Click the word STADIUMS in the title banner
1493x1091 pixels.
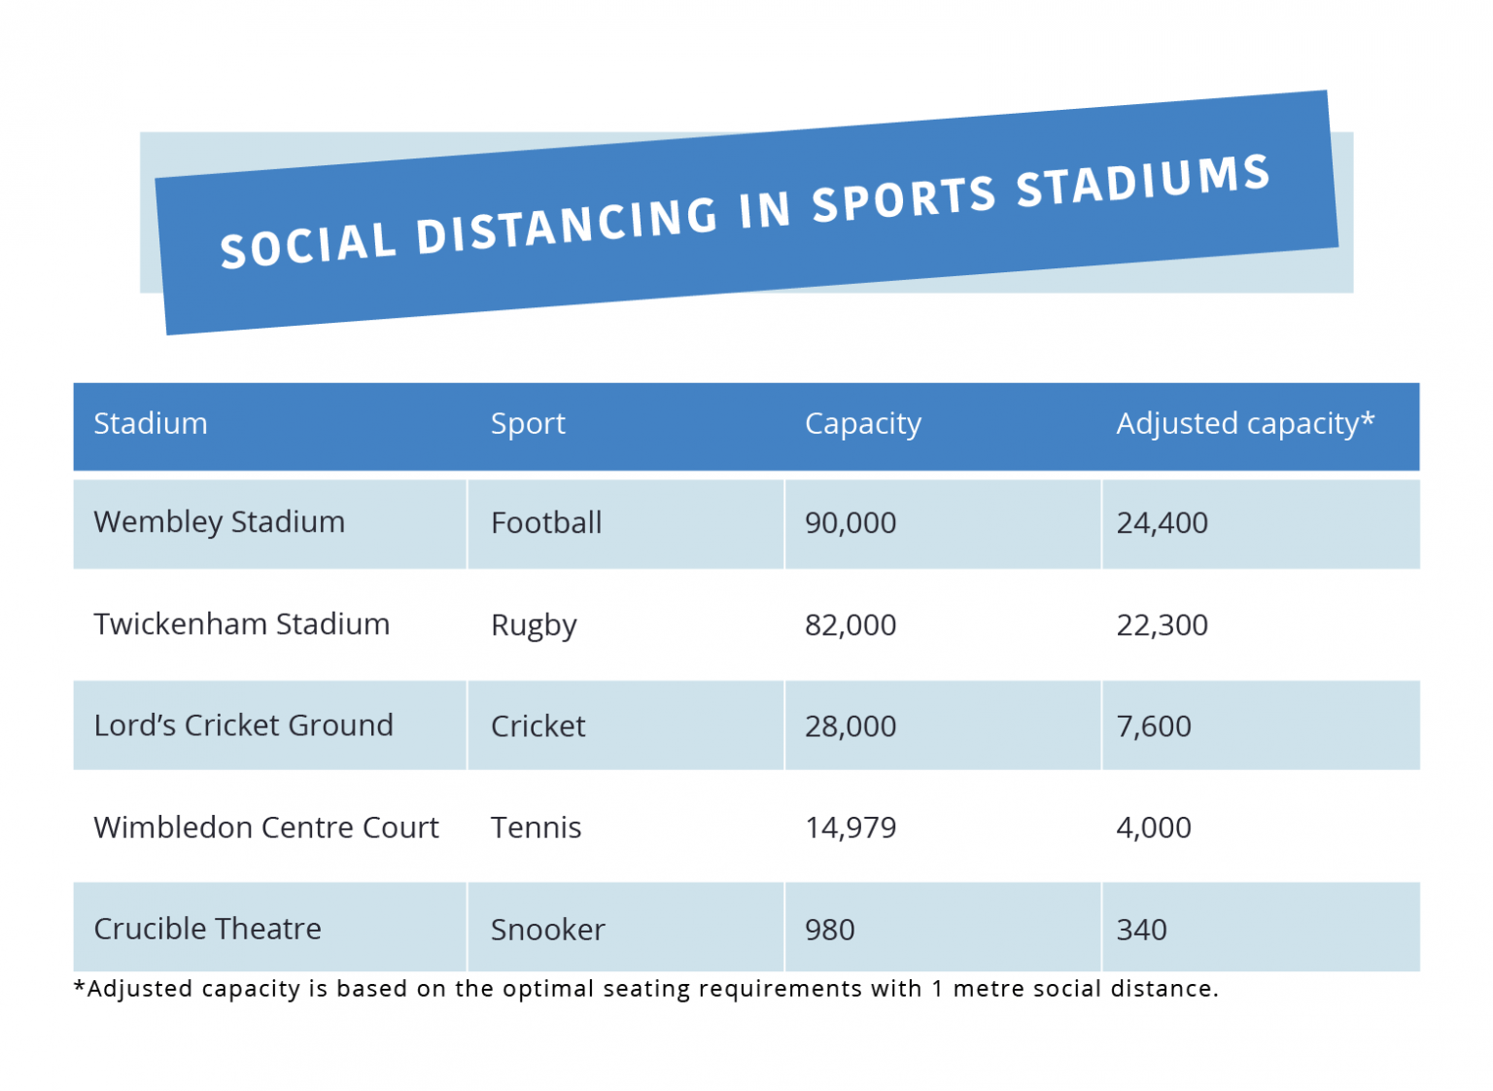1143,182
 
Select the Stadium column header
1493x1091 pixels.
151,424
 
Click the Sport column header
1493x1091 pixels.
528,424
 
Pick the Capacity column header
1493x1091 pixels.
862,424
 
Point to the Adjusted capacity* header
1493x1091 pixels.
1245,424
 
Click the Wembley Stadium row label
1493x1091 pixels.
219,522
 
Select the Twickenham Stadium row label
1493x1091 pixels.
241,624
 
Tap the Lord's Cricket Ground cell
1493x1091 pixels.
243,725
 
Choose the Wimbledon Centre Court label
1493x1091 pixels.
265,827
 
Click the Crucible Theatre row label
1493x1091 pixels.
207,929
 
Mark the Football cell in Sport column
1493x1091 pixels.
546,523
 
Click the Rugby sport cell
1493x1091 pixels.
534,625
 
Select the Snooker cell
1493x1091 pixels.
547,930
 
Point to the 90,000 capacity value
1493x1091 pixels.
851,523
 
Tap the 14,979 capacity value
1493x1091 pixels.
851,827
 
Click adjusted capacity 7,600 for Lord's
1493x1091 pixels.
1154,726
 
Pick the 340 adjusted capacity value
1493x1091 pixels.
1141,930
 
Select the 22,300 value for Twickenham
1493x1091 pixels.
1162,625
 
